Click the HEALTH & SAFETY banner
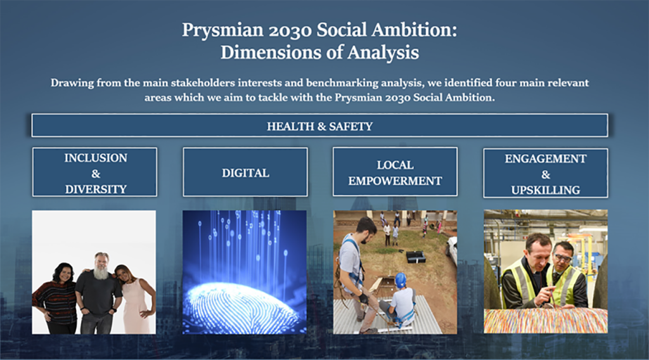point(319,125)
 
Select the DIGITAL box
point(245,172)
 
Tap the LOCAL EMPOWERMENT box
point(395,172)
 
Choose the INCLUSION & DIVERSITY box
point(95,172)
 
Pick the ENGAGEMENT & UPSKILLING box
point(546,173)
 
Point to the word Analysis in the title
point(383,53)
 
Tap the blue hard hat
point(401,280)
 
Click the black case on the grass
point(416,257)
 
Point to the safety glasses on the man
point(562,257)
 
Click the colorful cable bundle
point(546,320)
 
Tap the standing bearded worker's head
point(366,227)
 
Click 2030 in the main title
point(290,30)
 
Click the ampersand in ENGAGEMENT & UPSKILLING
point(546,175)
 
